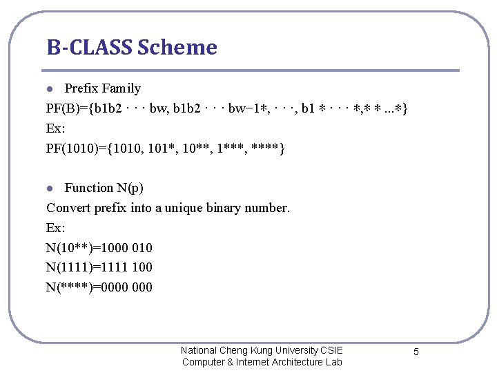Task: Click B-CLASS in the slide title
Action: [x=90, y=48]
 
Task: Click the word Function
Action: [x=89, y=188]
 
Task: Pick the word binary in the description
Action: [x=231, y=208]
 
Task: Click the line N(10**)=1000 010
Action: [x=99, y=247]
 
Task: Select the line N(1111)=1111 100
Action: [x=99, y=267]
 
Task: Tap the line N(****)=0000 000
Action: [x=99, y=287]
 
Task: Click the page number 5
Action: [x=416, y=352]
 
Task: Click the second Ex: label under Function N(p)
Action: [x=55, y=228]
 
